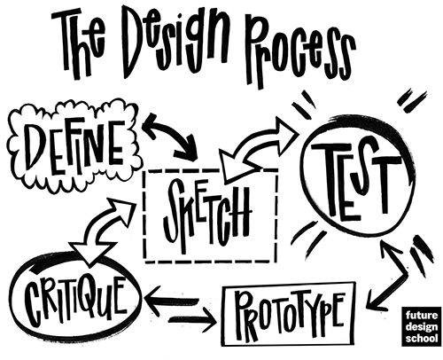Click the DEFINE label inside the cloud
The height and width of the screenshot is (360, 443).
75,148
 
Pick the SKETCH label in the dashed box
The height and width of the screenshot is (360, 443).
207,215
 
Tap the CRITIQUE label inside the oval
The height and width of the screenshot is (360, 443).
75,300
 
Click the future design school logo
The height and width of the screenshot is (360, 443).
422,326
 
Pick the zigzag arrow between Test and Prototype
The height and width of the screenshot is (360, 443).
400,272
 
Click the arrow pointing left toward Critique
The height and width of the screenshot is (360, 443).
171,301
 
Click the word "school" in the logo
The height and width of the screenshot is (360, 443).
422,338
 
